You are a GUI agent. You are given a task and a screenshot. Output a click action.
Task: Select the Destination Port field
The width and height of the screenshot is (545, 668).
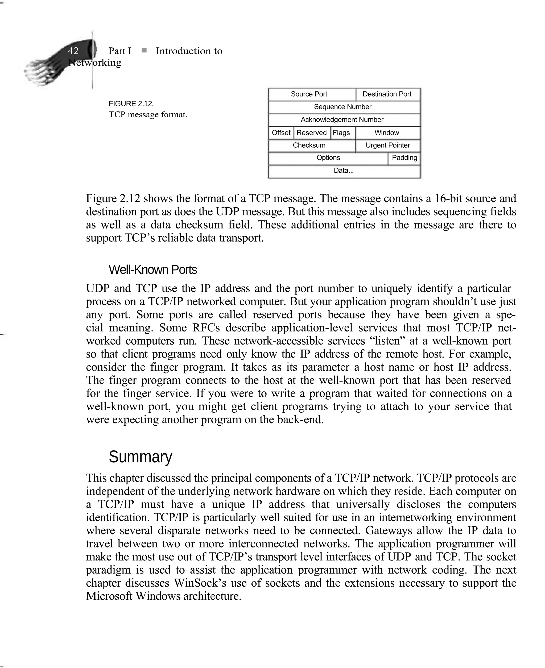(x=388, y=94)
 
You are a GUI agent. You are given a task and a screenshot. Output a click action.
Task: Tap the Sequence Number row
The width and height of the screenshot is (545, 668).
(x=344, y=107)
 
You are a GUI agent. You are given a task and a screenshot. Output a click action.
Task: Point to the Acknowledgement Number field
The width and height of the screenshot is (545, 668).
(x=344, y=120)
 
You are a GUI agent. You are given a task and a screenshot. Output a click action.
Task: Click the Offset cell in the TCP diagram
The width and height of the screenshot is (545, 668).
(x=281, y=133)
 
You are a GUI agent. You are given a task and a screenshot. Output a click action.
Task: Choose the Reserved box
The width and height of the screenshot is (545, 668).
(x=312, y=133)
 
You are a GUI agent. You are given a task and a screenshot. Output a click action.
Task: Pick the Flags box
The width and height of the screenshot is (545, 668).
(x=342, y=133)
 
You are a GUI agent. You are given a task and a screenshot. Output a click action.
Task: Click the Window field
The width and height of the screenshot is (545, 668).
(x=388, y=133)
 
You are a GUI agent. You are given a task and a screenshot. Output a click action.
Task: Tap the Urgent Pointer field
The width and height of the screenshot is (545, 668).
(x=388, y=145)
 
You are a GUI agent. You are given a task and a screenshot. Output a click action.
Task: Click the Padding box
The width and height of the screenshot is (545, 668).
(x=404, y=158)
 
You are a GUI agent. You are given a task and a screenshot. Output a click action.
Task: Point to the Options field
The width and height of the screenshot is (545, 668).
(x=328, y=158)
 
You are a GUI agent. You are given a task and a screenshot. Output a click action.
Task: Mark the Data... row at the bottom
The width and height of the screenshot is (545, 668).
(x=344, y=171)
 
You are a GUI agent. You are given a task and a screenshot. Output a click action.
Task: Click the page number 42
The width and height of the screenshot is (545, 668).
(x=73, y=51)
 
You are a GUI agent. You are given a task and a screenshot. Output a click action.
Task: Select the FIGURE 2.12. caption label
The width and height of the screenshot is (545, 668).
(x=131, y=104)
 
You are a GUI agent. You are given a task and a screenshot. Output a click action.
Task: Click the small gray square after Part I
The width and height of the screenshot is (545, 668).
(x=144, y=50)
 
